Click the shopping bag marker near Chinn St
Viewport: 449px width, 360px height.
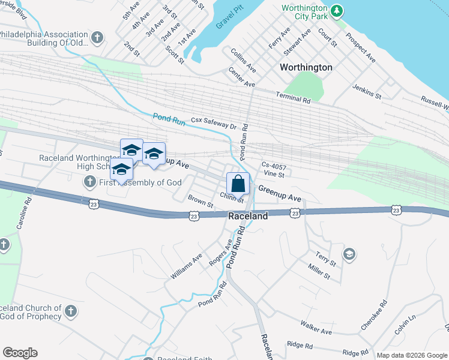tap(238, 183)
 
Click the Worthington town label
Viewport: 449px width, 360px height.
tap(306, 67)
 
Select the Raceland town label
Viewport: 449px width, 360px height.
tap(248, 216)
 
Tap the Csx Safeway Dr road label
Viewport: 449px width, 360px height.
tap(214, 123)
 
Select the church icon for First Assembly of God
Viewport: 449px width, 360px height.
tap(90, 181)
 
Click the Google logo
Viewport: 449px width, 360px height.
tap(20, 353)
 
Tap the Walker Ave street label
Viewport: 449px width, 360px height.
tap(316, 329)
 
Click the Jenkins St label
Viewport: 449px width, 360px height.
tap(367, 92)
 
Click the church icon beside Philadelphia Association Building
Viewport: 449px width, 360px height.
tap(97, 38)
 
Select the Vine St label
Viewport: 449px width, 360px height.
tap(273, 174)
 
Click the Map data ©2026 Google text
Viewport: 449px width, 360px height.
tap(412, 355)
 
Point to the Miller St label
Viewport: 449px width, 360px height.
tap(319, 271)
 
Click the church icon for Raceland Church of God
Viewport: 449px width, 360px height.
tap(71, 311)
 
